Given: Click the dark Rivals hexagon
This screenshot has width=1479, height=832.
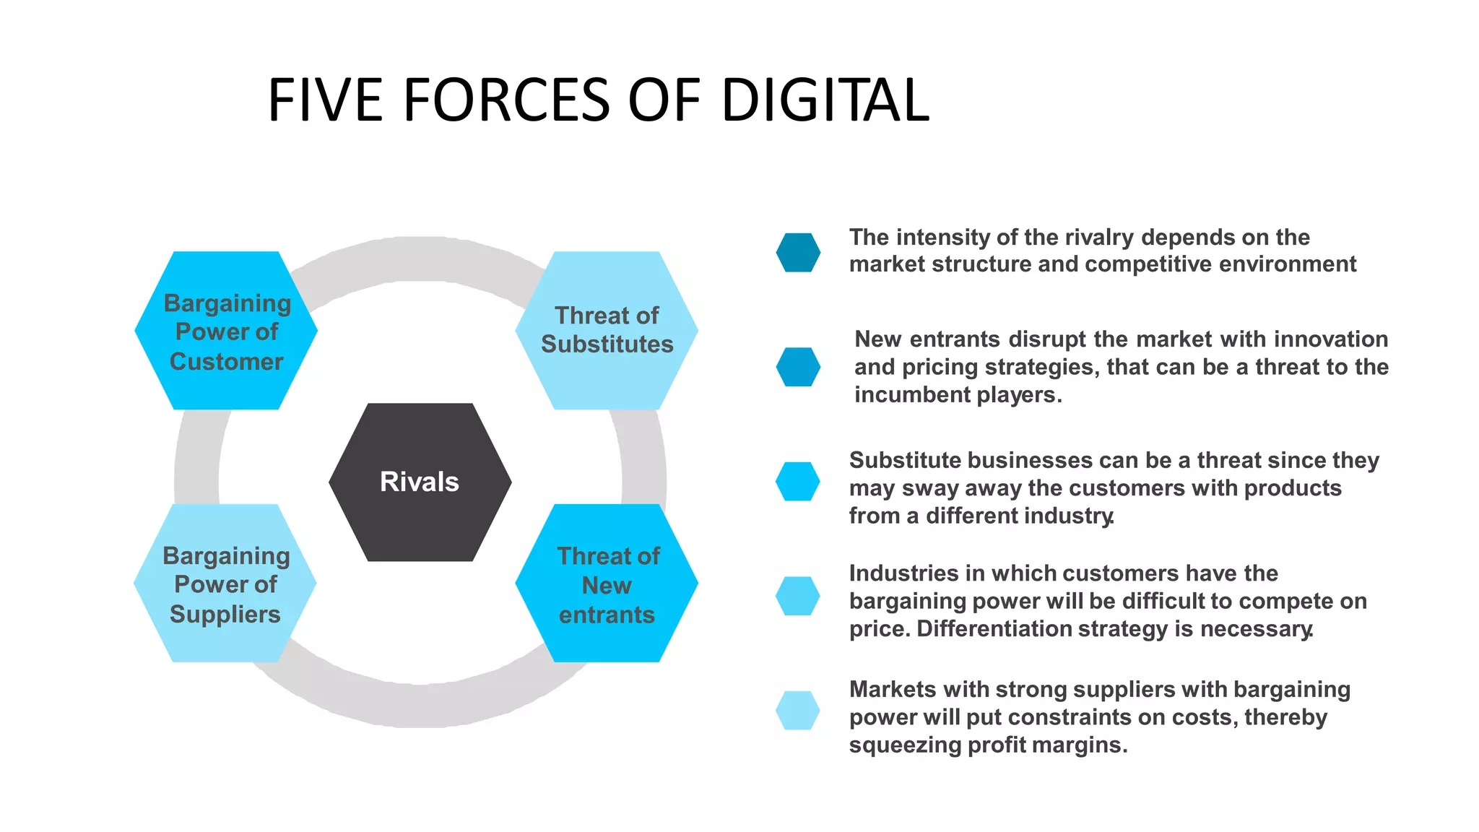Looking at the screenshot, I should coord(420,482).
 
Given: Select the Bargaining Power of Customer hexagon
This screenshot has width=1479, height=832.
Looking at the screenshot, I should coord(226,331).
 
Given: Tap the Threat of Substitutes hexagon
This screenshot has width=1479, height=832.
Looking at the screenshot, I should coord(607,330).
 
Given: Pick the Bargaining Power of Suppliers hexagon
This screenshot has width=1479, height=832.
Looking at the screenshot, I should coord(225,584).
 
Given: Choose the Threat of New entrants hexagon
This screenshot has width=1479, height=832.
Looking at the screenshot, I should coord(607,584).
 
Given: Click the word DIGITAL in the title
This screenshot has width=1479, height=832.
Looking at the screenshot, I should coord(825,100).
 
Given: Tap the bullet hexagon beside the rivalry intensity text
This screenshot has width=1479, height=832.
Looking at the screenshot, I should coord(798,252).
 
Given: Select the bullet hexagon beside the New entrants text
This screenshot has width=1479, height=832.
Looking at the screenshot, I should coord(798,367).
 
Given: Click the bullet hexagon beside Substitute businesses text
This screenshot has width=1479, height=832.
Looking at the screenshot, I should coord(798,482).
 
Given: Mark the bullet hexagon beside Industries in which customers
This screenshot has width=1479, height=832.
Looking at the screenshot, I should coord(798,596).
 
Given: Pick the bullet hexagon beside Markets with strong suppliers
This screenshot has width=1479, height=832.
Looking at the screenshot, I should coord(798,711).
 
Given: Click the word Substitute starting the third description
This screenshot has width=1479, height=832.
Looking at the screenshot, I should coord(904,461).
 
